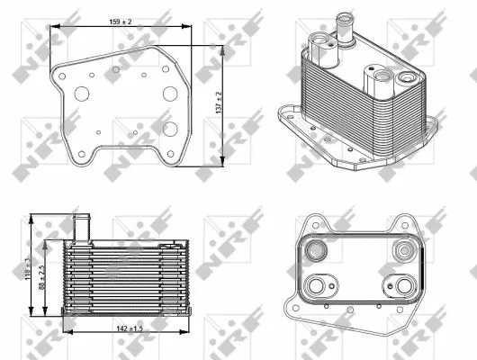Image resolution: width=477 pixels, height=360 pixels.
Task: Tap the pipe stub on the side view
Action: (79, 226)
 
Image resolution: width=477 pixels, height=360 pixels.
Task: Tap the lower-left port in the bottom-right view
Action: (318, 286)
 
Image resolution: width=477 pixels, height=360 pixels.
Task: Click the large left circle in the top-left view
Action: (83, 93)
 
